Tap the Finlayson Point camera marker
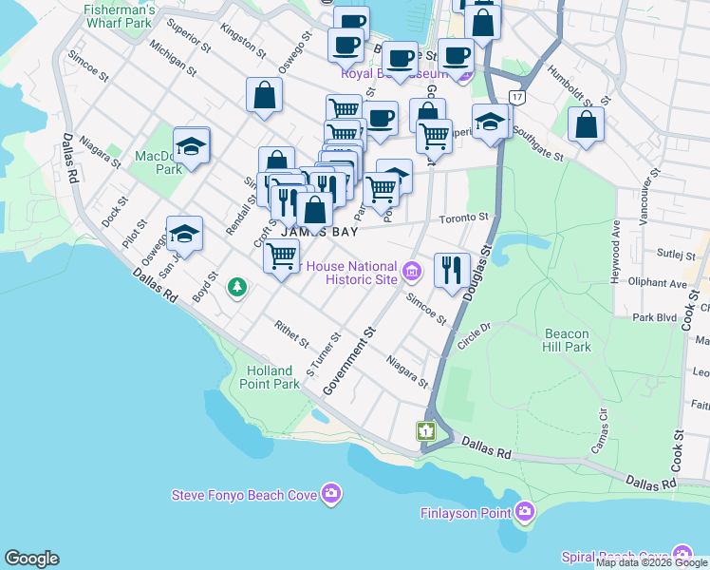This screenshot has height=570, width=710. pyautogui.click(x=525, y=513)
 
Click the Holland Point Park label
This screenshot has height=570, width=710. pyautogui.click(x=273, y=377)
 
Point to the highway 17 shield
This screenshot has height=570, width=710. pyautogui.click(x=516, y=98)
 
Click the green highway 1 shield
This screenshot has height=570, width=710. pyautogui.click(x=425, y=431)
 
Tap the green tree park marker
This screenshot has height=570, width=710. pyautogui.click(x=237, y=287)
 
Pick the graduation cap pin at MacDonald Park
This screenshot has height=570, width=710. pyautogui.click(x=191, y=148)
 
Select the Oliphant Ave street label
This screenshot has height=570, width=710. pyautogui.click(x=661, y=283)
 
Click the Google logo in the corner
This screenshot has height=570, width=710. pyautogui.click(x=31, y=559)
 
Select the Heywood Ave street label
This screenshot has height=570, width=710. pyautogui.click(x=616, y=245)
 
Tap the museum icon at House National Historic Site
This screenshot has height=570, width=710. pyautogui.click(x=411, y=274)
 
